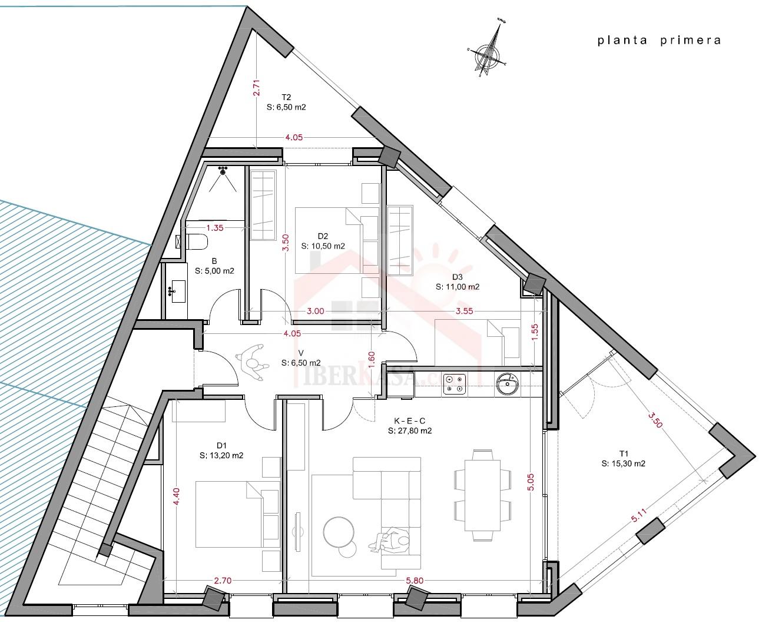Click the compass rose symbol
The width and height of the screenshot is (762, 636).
487,52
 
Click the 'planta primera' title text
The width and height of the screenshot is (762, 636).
659,41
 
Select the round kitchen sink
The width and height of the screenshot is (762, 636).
506,384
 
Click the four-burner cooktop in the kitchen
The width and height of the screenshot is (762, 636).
454,384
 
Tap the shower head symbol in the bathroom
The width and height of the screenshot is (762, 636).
223,171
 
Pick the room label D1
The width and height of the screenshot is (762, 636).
222,445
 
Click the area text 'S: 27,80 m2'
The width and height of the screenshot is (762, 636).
410,431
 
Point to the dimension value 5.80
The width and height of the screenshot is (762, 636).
414,581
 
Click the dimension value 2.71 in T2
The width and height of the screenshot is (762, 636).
256,88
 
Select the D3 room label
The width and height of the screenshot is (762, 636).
458,277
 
